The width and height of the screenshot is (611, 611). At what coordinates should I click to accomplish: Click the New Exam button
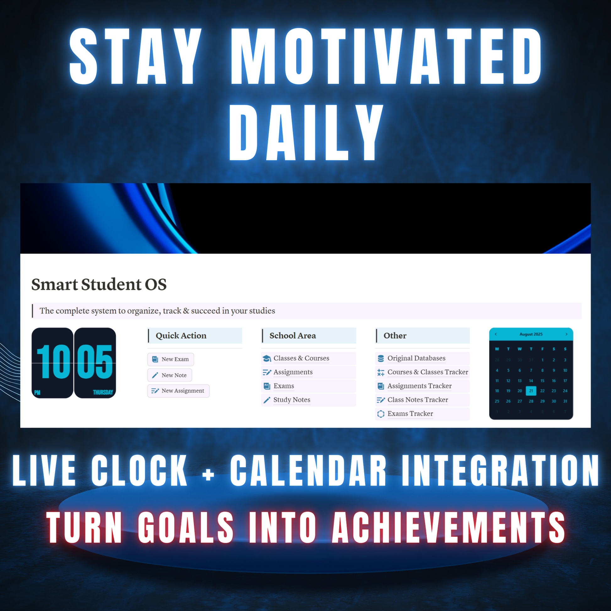(x=170, y=359)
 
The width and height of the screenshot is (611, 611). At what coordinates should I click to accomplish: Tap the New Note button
(x=170, y=375)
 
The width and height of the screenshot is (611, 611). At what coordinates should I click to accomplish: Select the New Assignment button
(x=178, y=391)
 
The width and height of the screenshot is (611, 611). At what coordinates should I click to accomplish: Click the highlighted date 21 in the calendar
(x=531, y=391)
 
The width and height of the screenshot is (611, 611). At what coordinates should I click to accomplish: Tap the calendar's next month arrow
(x=566, y=334)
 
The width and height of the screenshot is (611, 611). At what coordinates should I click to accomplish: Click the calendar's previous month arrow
(x=495, y=334)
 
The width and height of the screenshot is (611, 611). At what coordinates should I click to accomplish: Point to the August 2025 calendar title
(x=531, y=334)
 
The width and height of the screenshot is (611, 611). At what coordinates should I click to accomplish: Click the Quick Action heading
(x=181, y=336)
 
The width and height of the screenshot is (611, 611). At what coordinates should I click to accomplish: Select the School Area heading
(x=293, y=336)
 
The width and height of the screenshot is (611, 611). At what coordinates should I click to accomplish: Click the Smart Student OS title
(x=99, y=284)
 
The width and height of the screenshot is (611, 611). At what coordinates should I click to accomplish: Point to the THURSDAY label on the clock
(x=103, y=392)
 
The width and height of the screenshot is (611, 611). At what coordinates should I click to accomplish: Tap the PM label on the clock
(x=37, y=393)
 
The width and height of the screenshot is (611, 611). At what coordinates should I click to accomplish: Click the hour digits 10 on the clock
(x=53, y=361)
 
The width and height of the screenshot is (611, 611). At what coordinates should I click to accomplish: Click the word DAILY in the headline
(x=305, y=132)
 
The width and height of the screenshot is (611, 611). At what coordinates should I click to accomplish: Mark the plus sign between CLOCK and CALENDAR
(x=208, y=474)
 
